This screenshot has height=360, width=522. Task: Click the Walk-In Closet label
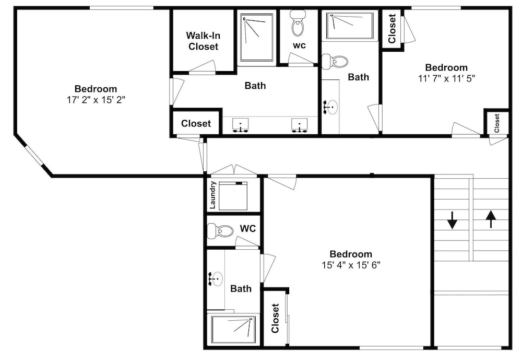[203, 41]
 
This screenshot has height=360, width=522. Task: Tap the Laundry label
[213, 195]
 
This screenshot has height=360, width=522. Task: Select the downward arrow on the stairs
[452, 220]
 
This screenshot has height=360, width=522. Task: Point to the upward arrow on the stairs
[491, 219]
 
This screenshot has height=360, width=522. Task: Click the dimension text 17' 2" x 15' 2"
[96, 100]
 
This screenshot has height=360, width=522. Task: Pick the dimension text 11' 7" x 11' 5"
[446, 78]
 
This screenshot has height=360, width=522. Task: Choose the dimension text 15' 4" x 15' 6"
[351, 265]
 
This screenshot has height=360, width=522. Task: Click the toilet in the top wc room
[298, 22]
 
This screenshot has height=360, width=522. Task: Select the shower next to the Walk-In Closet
[257, 37]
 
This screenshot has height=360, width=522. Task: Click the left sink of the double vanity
[240, 125]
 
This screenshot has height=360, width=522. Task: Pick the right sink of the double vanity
[300, 125]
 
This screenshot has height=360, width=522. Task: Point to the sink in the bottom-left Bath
[216, 278]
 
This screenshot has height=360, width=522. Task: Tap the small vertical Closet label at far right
[497, 123]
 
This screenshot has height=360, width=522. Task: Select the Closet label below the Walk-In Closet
[196, 124]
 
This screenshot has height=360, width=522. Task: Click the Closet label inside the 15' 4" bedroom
[275, 318]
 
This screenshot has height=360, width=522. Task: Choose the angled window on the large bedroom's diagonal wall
[34, 155]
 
